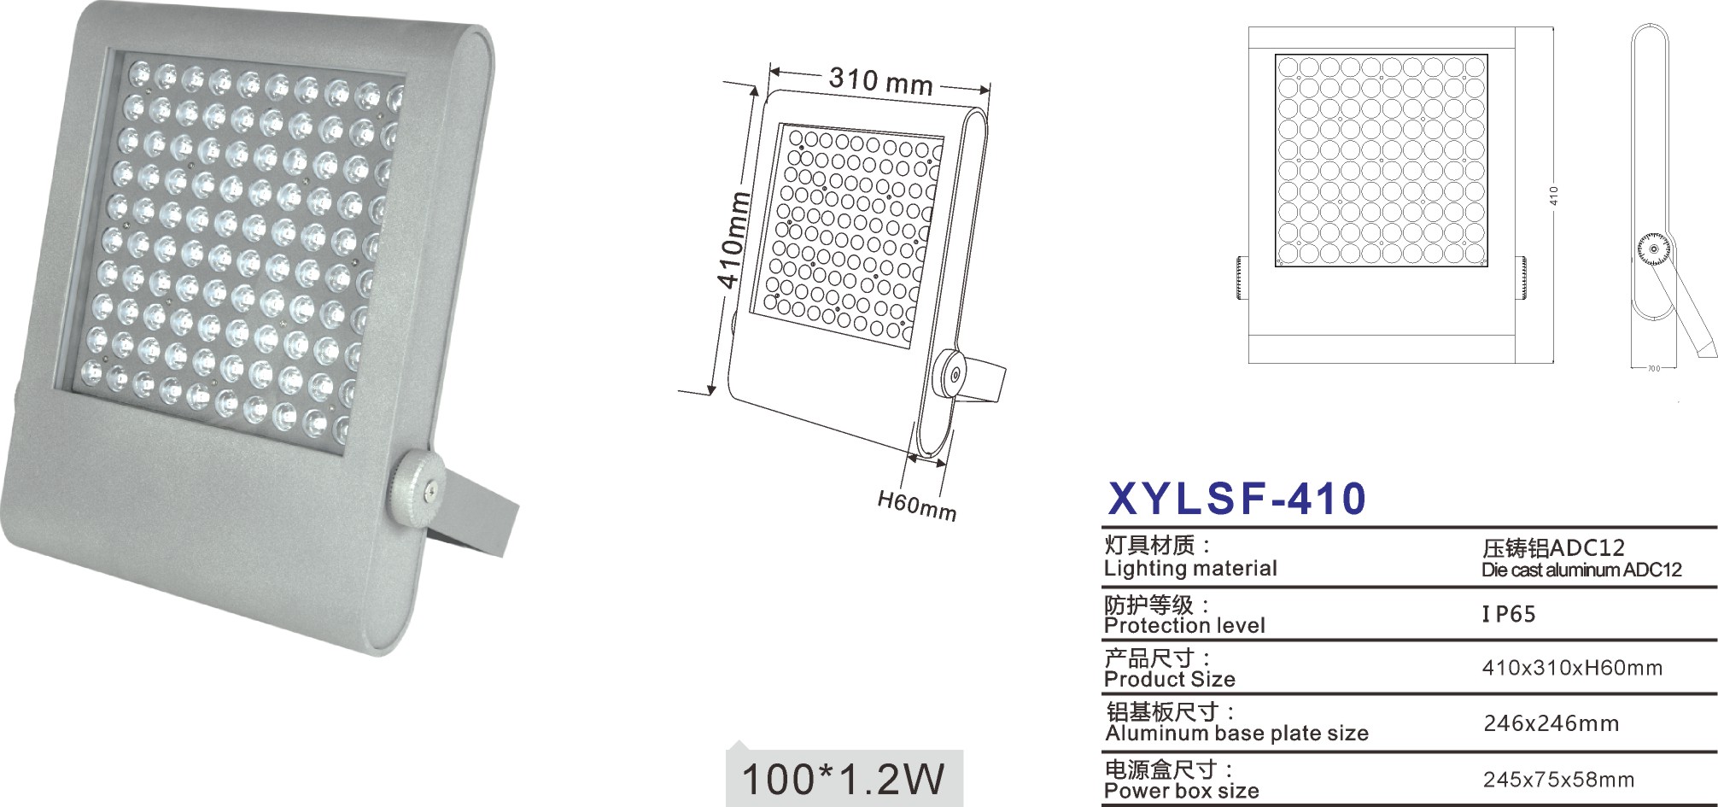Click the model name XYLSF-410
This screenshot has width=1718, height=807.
pyautogui.click(x=1236, y=499)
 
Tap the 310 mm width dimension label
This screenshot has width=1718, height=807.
pyautogui.click(x=880, y=80)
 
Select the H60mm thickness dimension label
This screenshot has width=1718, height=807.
pyautogui.click(x=917, y=504)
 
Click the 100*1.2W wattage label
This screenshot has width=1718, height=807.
pyautogui.click(x=844, y=779)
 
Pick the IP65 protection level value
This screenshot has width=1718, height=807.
pyautogui.click(x=1509, y=614)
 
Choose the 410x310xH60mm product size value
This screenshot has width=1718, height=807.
pyautogui.click(x=1572, y=668)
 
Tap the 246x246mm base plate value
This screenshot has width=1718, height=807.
pyautogui.click(x=1551, y=723)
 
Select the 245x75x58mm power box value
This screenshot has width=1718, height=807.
pyautogui.click(x=1558, y=780)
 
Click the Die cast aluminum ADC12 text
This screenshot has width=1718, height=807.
pyautogui.click(x=1581, y=570)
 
